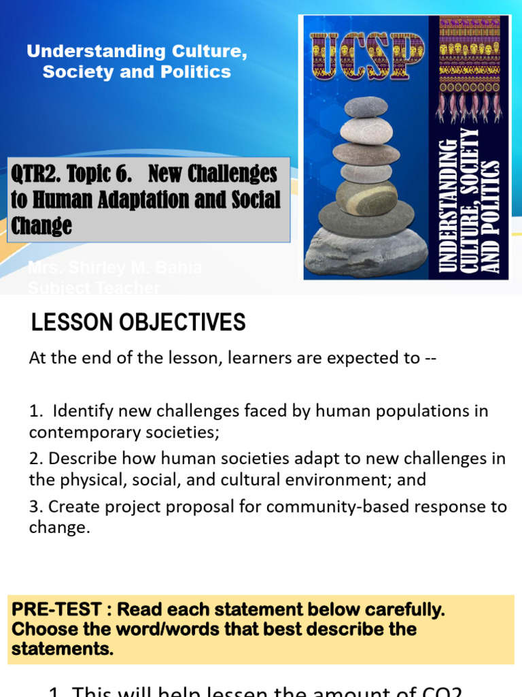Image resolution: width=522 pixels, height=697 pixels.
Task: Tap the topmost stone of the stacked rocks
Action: click(x=366, y=107)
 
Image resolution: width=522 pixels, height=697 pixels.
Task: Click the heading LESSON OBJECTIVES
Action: click(x=138, y=322)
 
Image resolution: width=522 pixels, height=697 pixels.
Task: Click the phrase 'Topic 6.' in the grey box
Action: click(x=102, y=174)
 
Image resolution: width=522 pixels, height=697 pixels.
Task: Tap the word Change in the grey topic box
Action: click(x=41, y=225)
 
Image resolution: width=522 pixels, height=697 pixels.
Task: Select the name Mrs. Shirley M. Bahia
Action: click(x=115, y=268)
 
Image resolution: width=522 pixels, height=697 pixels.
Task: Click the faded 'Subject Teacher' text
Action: click(x=94, y=288)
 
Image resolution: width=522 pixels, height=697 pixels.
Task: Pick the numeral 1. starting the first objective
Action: click(x=35, y=411)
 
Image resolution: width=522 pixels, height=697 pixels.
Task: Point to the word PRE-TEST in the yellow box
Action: click(x=47, y=609)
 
